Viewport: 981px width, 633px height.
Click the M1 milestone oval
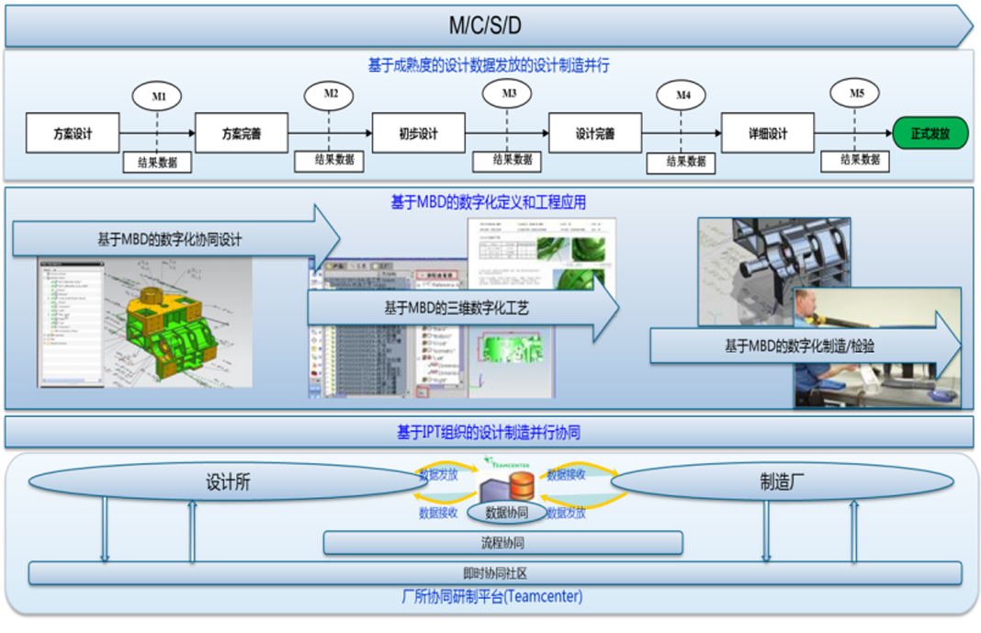point(157,96)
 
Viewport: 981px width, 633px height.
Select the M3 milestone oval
point(509,93)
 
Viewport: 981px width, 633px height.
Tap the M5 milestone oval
point(854,93)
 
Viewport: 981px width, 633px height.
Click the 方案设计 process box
point(73,133)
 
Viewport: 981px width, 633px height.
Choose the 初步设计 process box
point(418,133)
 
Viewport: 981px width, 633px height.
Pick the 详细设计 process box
point(767,133)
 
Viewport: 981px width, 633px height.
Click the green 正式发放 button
point(930,133)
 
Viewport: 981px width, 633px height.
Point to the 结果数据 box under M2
point(329,160)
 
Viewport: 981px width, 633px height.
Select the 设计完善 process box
point(594,133)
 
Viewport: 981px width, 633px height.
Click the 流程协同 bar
point(502,543)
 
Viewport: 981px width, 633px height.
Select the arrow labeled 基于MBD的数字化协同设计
point(175,239)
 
